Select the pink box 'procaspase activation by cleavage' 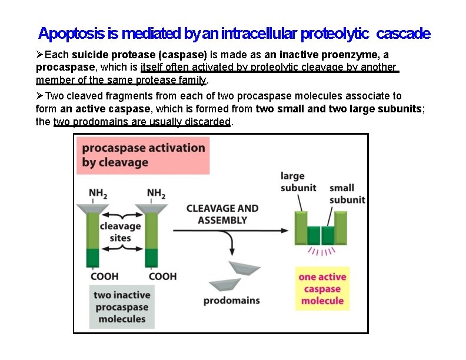click(x=144, y=155)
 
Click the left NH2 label click(x=98, y=193)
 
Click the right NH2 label click(x=156, y=193)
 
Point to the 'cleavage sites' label click(x=120, y=231)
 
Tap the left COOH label click(x=104, y=276)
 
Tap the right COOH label click(x=162, y=276)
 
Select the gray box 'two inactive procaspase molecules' click(x=122, y=306)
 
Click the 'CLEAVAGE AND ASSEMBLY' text click(x=222, y=214)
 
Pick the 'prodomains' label click(x=231, y=301)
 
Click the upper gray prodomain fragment click(x=244, y=268)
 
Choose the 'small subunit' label click(x=347, y=194)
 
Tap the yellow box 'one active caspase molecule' click(x=322, y=289)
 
